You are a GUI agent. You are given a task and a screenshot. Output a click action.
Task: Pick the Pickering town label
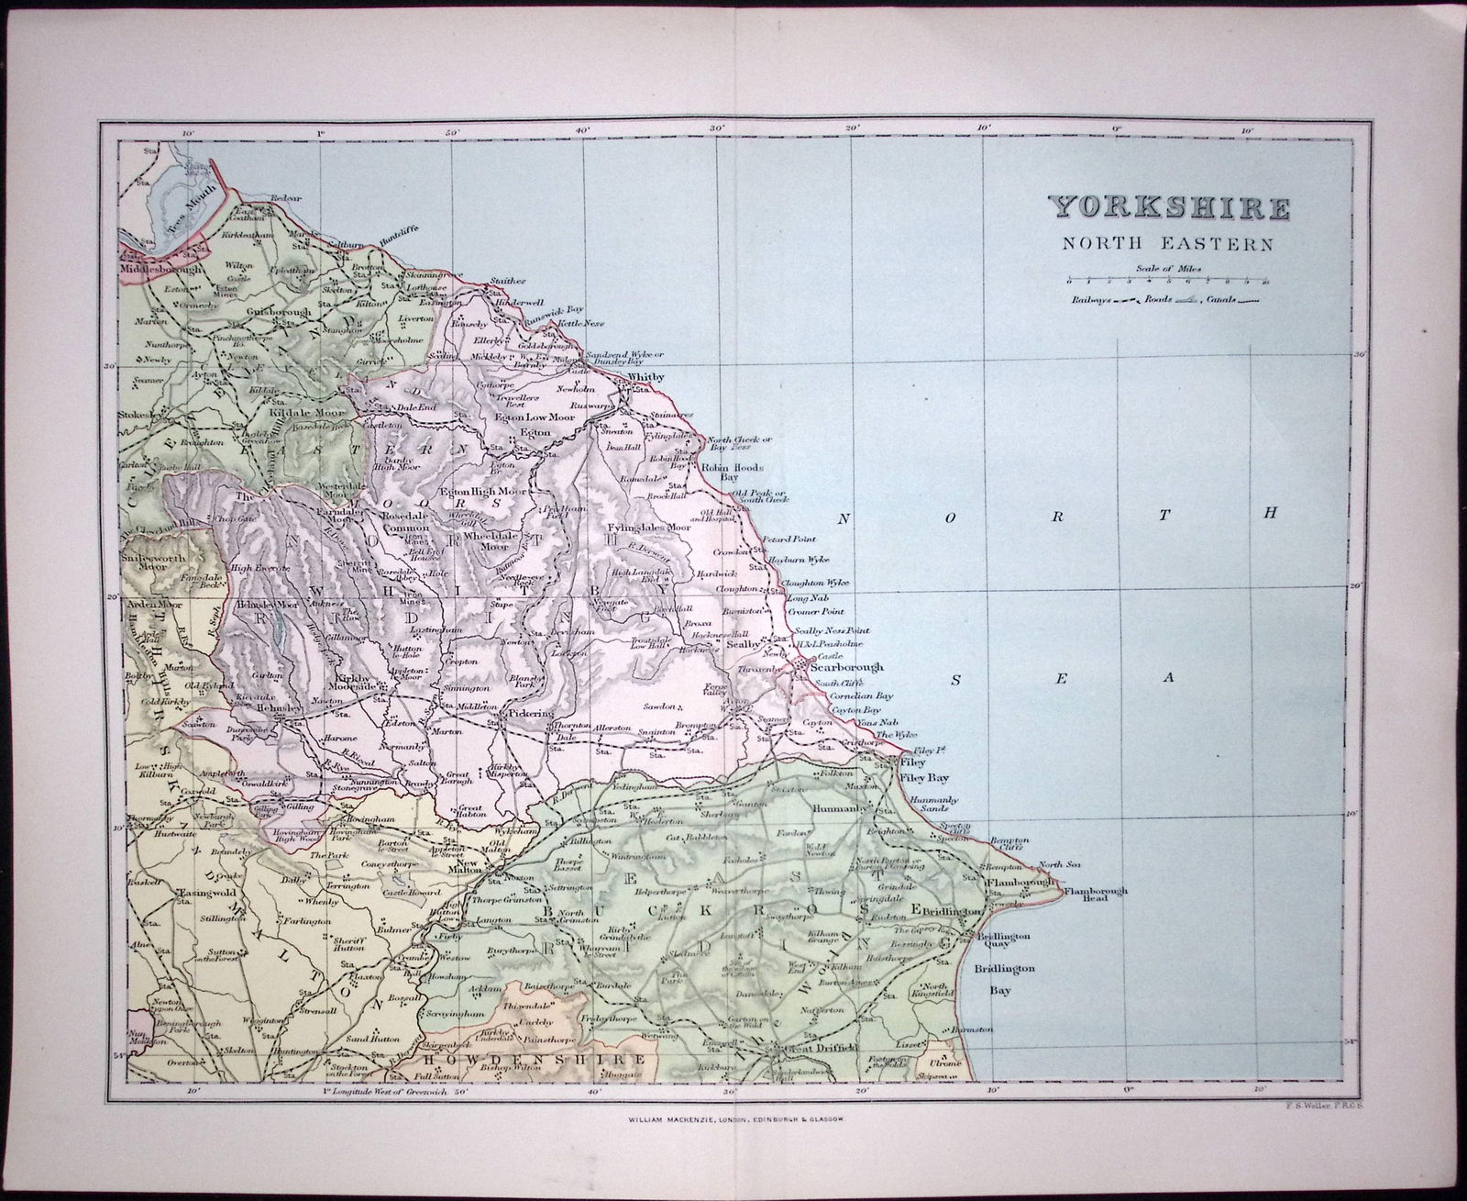pos(530,711)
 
